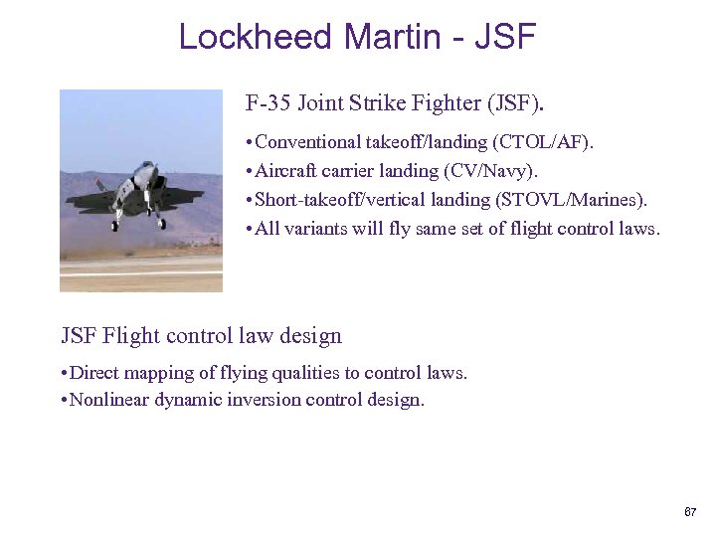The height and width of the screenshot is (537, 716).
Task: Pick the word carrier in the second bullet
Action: click(x=340, y=172)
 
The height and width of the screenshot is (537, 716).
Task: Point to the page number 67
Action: click(x=690, y=512)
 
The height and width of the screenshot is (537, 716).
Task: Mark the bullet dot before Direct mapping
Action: click(x=64, y=374)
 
